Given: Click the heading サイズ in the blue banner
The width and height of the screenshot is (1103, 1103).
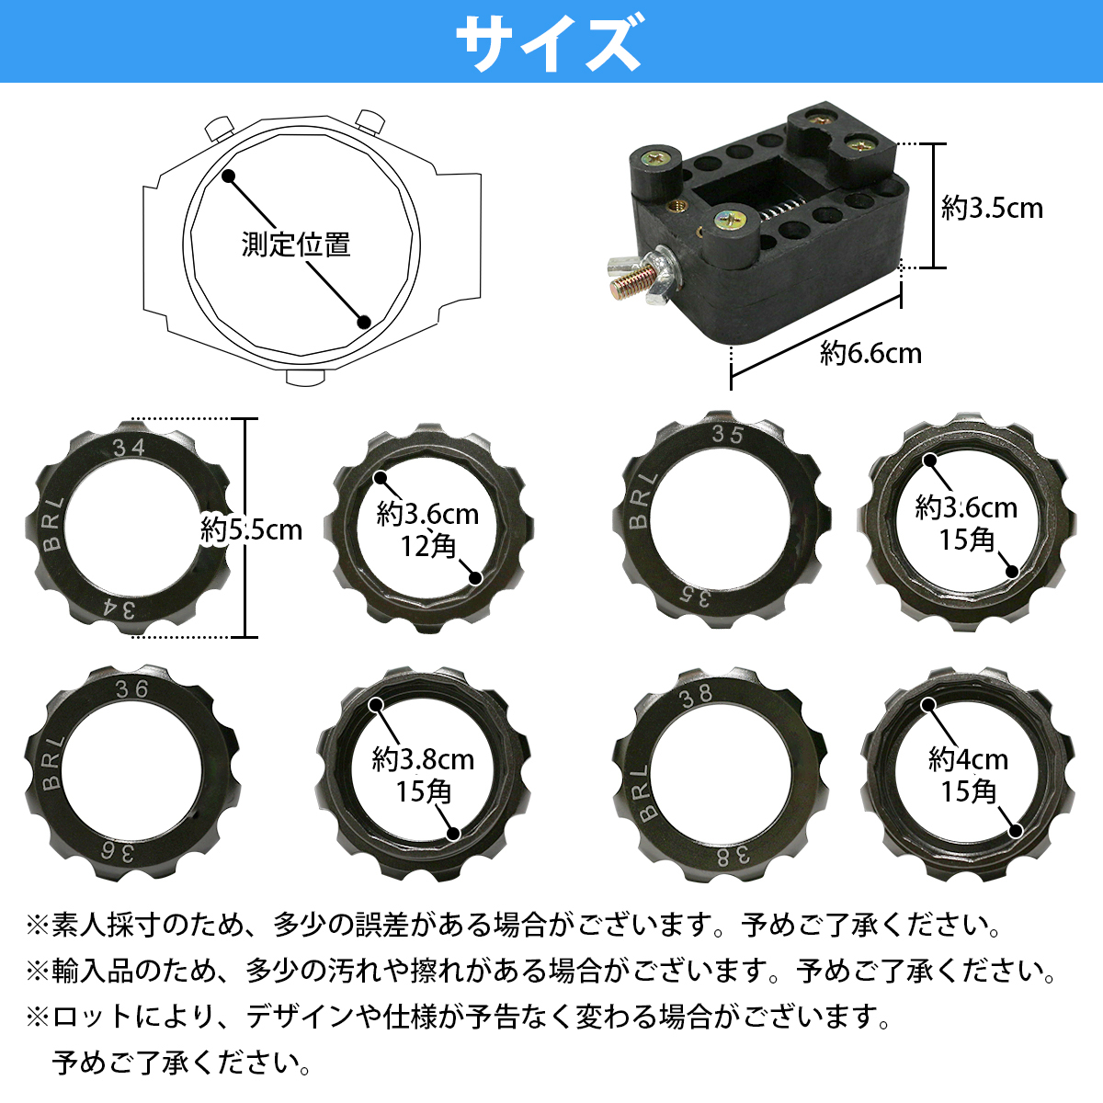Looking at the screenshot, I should (x=549, y=42).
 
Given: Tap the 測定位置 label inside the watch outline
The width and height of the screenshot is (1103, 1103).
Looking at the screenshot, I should (x=296, y=244).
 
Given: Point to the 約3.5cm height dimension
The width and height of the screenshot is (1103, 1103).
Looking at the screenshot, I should (x=993, y=208).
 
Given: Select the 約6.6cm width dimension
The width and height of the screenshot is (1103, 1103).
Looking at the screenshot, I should (x=870, y=353).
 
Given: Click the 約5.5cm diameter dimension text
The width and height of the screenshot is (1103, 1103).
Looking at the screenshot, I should (x=251, y=529).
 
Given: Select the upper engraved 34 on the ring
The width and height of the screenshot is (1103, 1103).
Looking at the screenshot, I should (x=128, y=448).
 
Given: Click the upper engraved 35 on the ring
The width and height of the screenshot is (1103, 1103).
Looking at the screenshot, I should (x=727, y=435).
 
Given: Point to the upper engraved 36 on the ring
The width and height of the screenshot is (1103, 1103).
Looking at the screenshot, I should (x=131, y=689).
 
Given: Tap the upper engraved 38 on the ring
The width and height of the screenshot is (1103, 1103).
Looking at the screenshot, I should (x=696, y=695).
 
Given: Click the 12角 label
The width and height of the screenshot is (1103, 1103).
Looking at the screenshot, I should (x=427, y=546).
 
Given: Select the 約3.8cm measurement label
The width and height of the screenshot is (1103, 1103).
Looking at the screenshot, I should (x=423, y=760).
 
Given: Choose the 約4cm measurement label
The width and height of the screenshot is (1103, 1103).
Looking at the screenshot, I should (x=968, y=760).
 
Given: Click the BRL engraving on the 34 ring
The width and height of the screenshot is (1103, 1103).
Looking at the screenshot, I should (x=53, y=524).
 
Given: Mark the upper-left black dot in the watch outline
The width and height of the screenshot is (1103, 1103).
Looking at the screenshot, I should (x=228, y=175).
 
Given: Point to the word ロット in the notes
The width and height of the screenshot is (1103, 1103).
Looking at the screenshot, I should (x=93, y=1017).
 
